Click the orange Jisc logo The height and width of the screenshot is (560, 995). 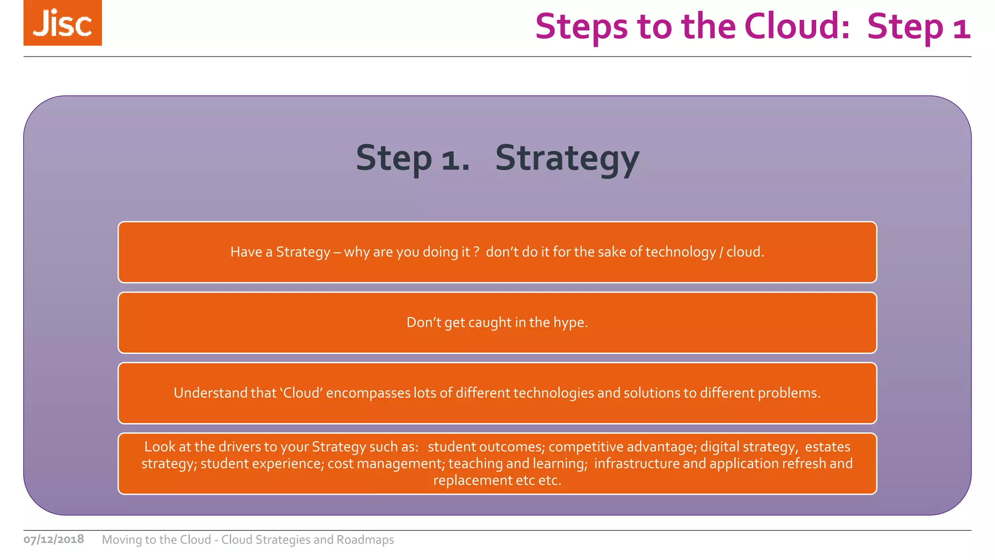pos(63,23)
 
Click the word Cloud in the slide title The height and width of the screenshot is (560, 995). pos(797,26)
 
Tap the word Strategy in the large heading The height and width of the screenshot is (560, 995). pos(567,159)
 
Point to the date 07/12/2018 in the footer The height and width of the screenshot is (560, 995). pos(54,539)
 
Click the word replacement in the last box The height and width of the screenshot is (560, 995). pos(472,480)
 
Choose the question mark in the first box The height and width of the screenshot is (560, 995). pos(477,252)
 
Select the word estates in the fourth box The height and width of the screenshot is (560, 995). pos(827,447)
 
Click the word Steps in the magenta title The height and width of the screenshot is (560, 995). pos(581,26)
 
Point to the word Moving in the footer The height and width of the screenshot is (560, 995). pos(121,540)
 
